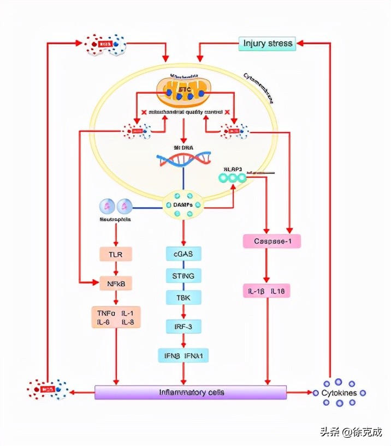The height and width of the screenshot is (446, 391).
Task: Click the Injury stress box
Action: coord(268,44)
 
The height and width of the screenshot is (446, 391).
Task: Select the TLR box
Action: coord(116,254)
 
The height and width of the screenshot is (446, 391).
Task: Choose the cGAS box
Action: coord(183,254)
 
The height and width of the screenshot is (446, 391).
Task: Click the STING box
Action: coord(183,275)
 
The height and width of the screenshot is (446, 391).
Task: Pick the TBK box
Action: coord(183,297)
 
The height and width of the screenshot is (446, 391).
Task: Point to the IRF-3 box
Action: coord(183,326)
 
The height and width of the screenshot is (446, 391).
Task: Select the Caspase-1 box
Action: coord(271,241)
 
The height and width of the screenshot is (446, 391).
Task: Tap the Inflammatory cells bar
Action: coord(191,393)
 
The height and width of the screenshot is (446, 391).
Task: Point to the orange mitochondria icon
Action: coord(183,91)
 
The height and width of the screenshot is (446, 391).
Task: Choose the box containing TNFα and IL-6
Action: coord(116,317)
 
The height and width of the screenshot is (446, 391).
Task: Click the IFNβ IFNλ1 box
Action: coord(183,355)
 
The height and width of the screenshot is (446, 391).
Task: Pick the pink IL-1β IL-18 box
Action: coord(266,292)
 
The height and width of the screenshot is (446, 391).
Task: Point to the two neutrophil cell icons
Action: coord(116,206)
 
